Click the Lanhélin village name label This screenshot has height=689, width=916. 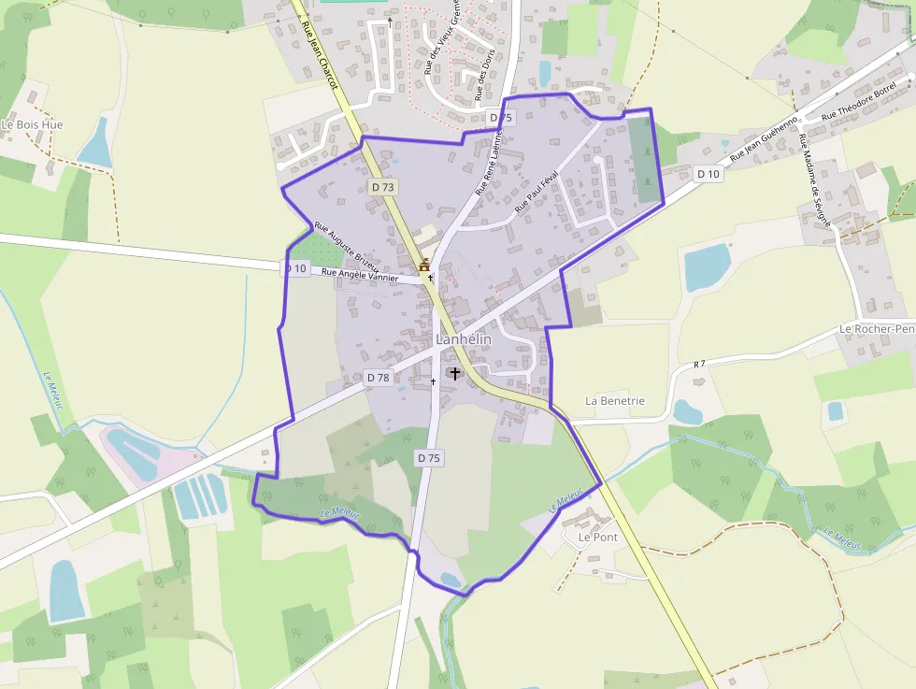pos(463,340)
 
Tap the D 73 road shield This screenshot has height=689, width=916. pos(383,187)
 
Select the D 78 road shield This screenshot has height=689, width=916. pos(378,378)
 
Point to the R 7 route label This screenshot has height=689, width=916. pos(698,364)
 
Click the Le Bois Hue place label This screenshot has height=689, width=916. pos(33,124)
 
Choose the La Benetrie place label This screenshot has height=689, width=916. pos(615,401)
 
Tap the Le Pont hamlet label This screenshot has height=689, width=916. pos(598,538)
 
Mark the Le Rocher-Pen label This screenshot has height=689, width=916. pos(877,329)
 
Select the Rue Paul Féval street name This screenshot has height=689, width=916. pos(537,190)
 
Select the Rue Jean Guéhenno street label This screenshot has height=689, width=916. pos(764,140)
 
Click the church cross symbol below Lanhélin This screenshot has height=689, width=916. pos(455,374)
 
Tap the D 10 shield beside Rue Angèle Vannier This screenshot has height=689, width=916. pos(294,268)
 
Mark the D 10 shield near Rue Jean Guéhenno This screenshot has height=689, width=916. pos(708,174)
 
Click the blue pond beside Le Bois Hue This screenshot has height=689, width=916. pos(96,144)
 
